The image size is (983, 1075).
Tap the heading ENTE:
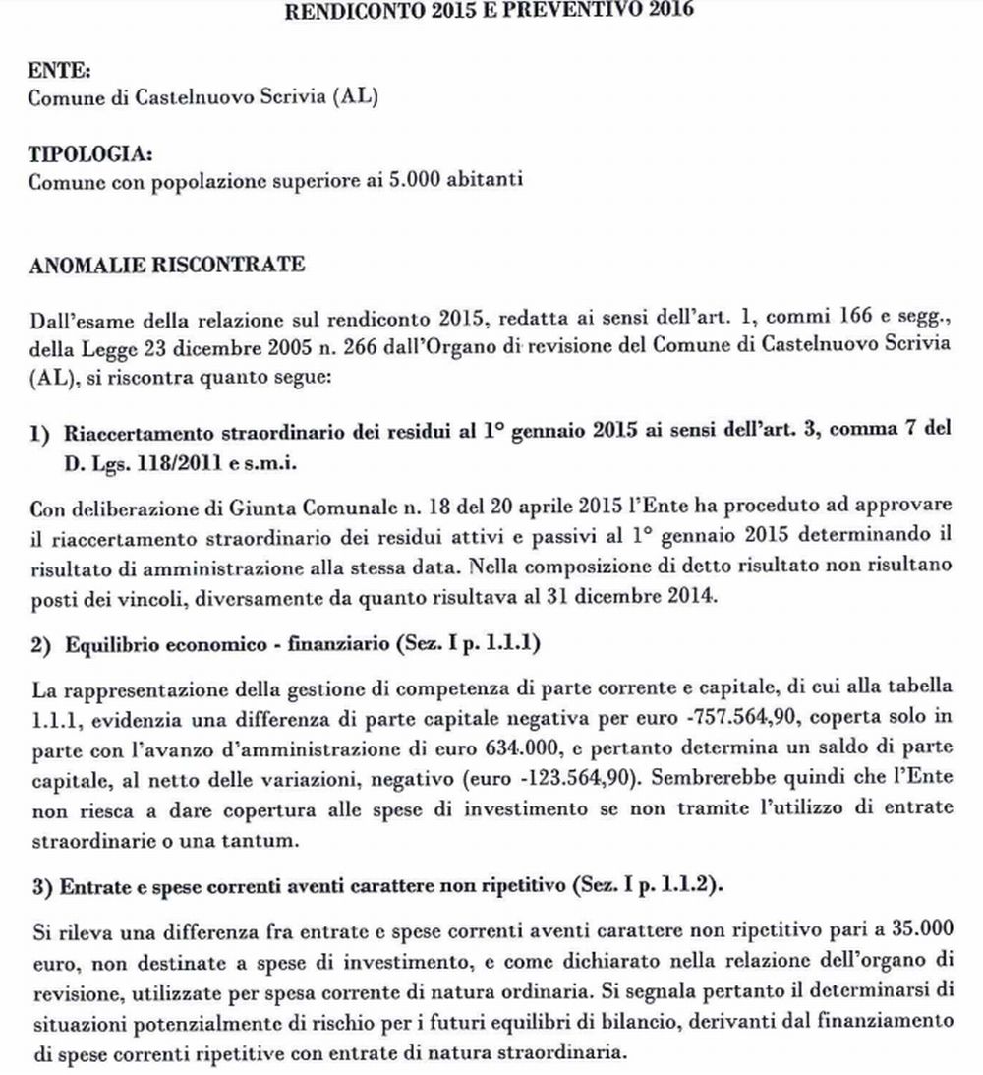[50, 72]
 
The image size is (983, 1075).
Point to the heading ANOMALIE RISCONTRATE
[166, 265]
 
